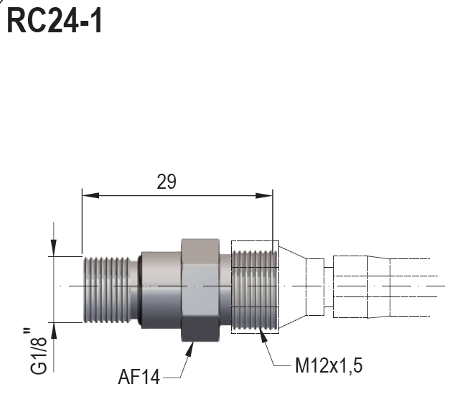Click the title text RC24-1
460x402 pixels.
point(55,21)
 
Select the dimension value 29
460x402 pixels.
point(166,182)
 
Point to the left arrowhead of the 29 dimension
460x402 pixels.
point(87,195)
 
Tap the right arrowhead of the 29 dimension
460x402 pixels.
point(268,195)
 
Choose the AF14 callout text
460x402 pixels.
point(139,375)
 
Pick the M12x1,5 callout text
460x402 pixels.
point(329,365)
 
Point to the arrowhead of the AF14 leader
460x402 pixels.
point(191,347)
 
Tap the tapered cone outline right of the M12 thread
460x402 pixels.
point(291,287)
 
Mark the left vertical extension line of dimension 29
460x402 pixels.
point(82,223)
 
